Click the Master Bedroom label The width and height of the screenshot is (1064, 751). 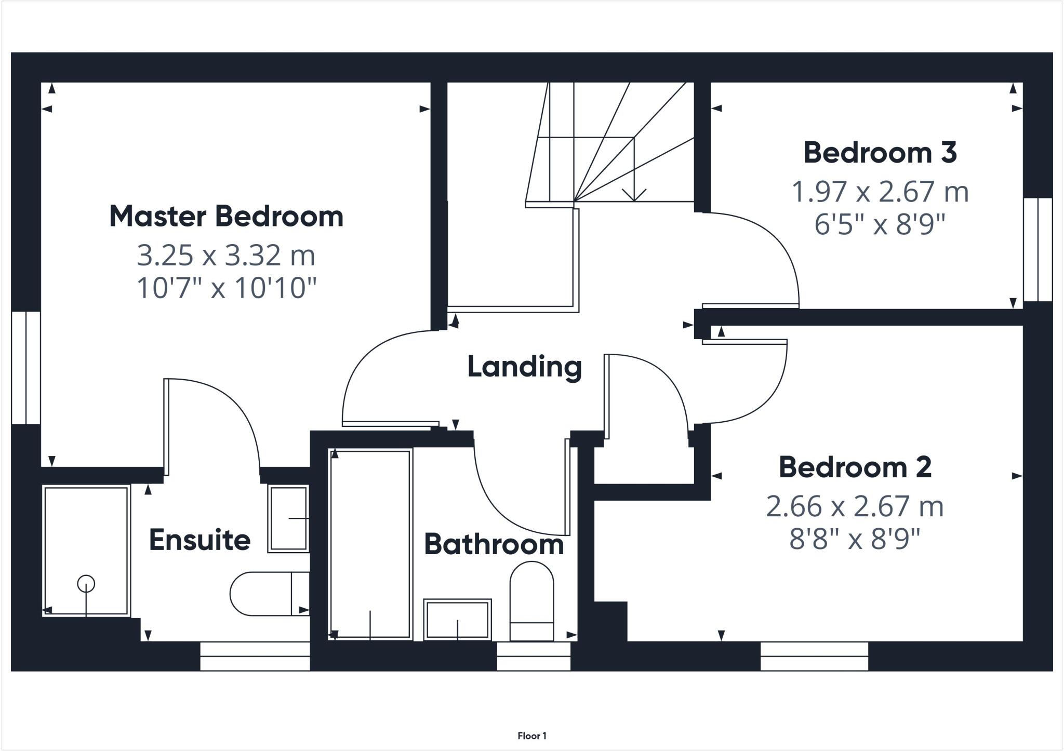tap(226, 217)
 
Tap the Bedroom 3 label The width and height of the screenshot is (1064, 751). tap(880, 153)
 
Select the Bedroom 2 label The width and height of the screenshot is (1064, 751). tap(855, 467)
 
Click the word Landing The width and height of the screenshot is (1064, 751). tap(524, 367)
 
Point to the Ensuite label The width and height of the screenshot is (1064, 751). tap(199, 540)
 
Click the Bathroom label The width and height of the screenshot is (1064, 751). tap(494, 545)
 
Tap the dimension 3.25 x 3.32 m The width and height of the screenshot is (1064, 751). tap(226, 255)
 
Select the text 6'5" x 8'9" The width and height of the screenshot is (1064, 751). tap(879, 225)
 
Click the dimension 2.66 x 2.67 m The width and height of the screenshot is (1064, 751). tap(855, 506)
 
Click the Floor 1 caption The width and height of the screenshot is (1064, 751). tap(532, 735)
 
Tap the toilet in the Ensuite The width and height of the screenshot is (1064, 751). tap(262, 594)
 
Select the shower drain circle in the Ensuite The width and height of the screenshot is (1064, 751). tap(86, 584)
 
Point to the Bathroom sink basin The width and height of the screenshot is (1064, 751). tap(457, 619)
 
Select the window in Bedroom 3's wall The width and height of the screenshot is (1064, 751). tap(1038, 249)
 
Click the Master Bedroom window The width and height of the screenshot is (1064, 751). tap(25, 367)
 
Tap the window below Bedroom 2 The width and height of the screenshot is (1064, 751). tap(814, 656)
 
